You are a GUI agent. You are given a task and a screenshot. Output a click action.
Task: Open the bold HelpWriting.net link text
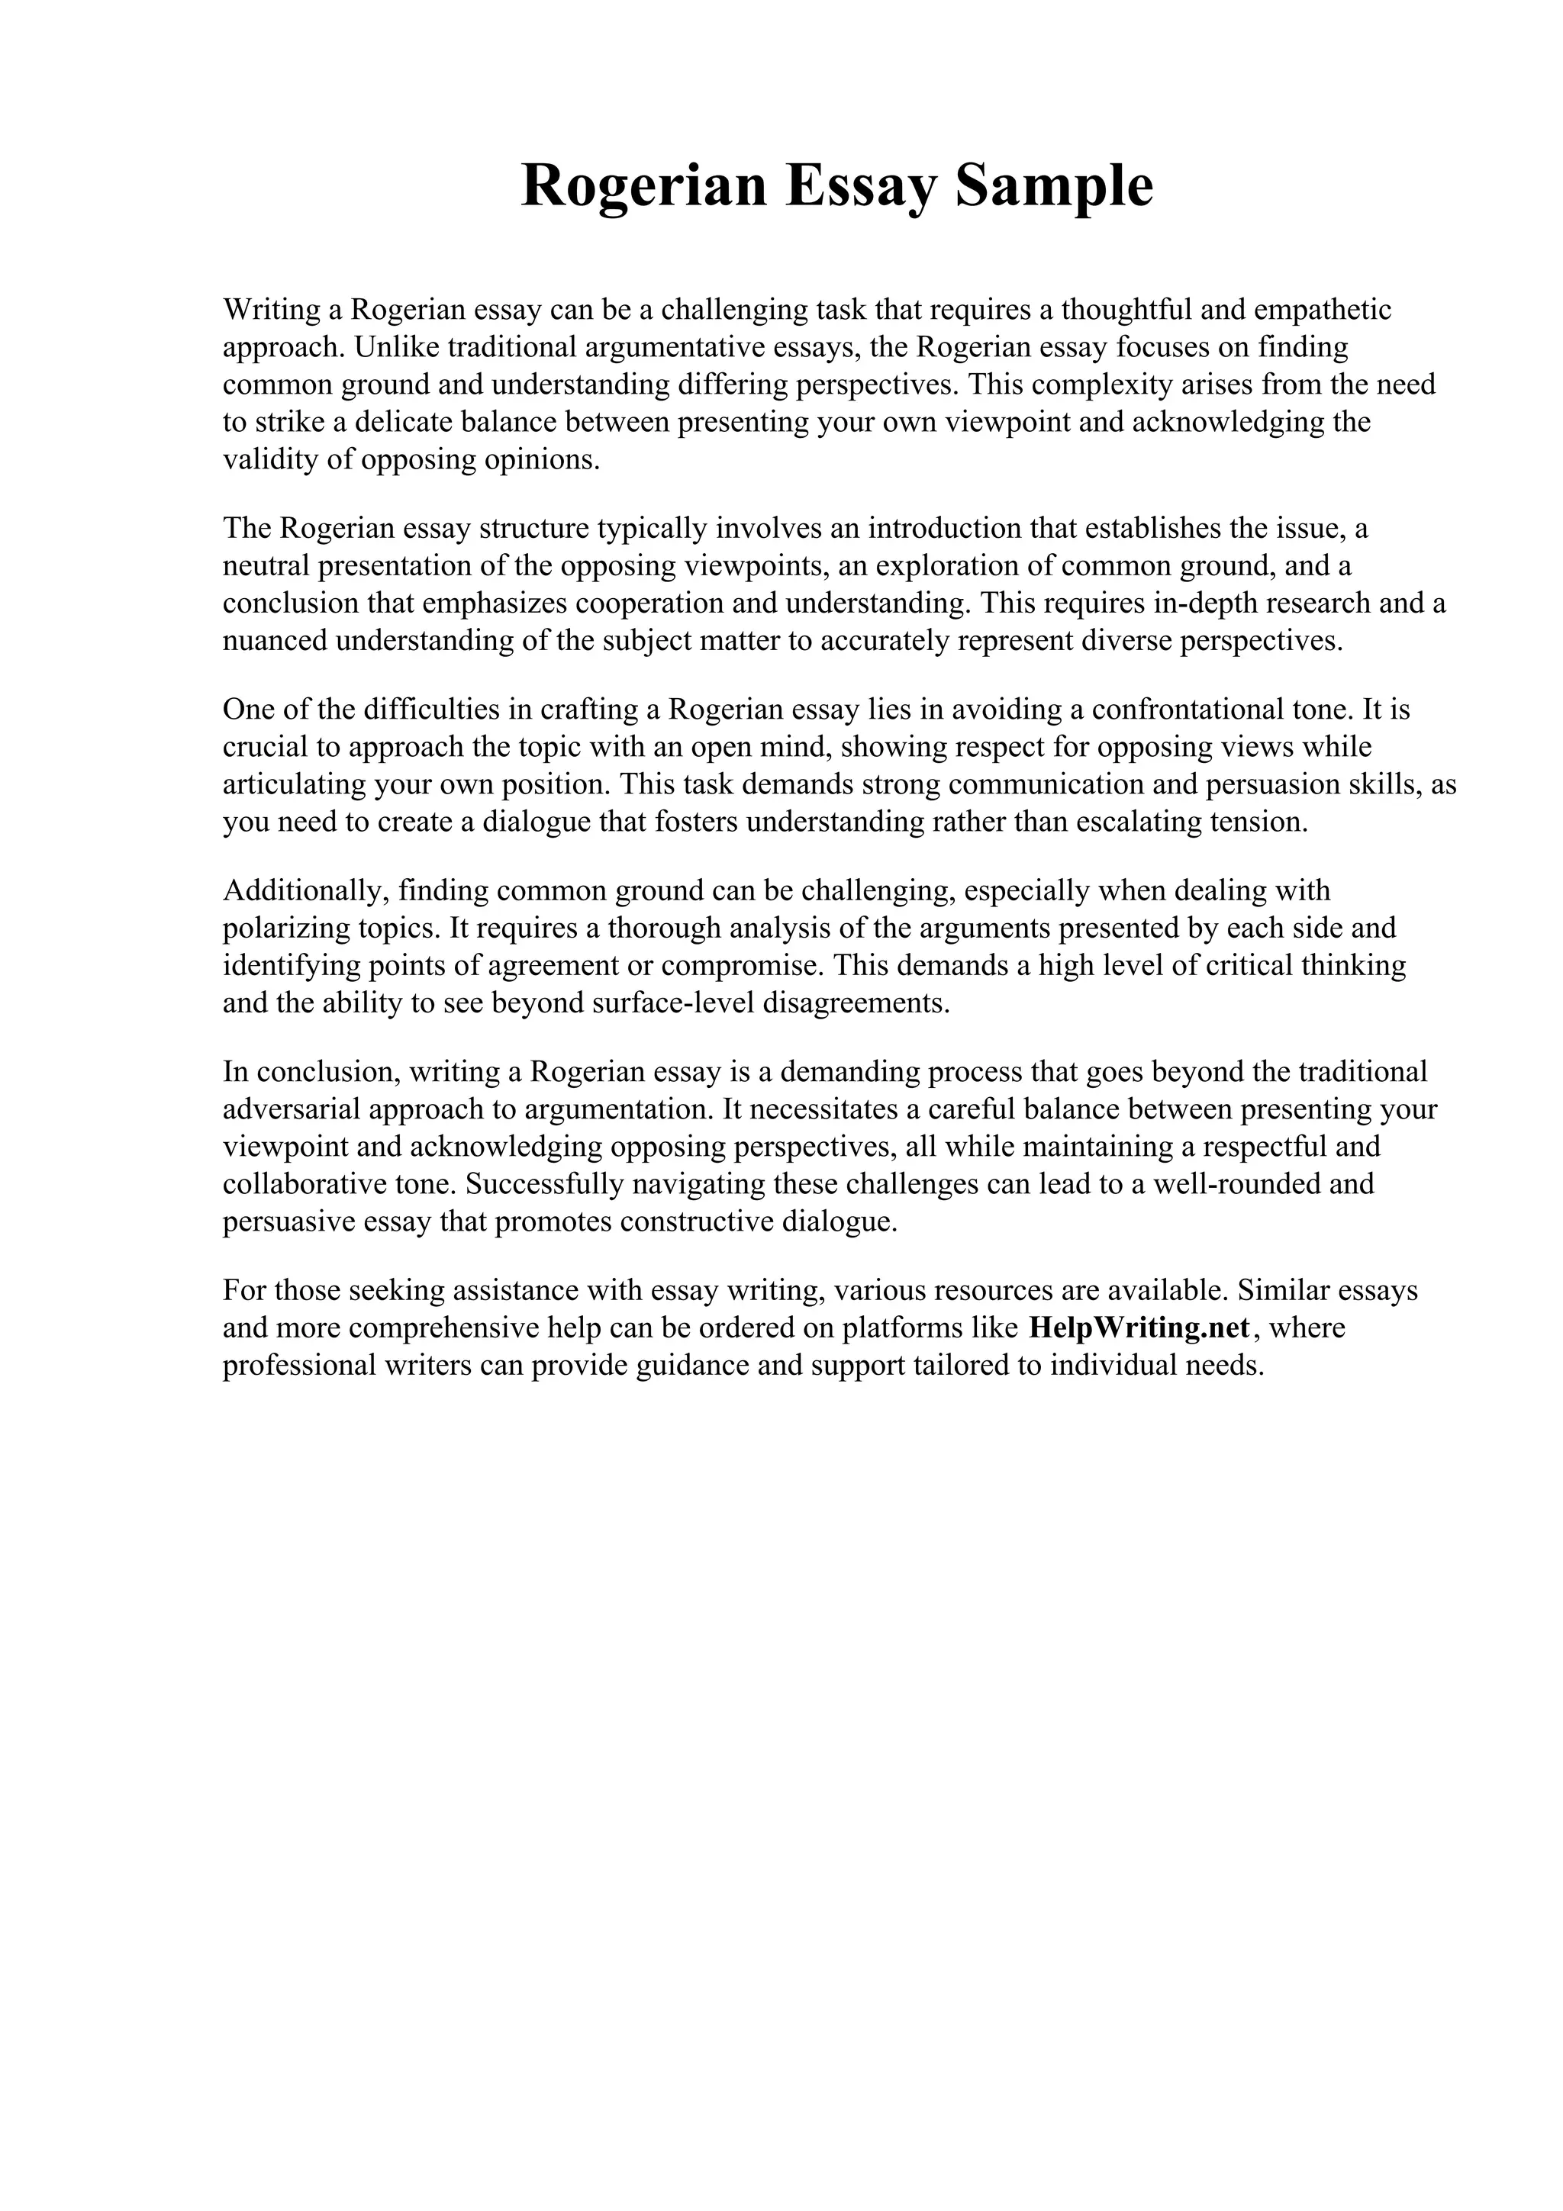coord(1139,1328)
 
